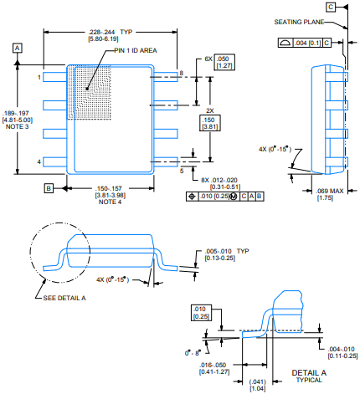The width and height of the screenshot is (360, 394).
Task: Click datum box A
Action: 18,49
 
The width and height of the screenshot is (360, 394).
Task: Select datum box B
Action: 49,188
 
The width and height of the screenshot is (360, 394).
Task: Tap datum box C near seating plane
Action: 331,7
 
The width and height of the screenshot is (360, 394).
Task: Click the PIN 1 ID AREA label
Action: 136,50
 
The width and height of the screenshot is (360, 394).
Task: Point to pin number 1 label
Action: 39,77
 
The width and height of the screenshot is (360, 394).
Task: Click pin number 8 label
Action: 182,73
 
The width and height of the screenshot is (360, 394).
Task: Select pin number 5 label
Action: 182,171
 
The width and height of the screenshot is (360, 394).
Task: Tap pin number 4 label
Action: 39,161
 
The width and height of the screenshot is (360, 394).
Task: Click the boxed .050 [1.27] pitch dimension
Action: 224,63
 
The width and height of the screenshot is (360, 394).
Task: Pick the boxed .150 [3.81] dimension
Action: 210,123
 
